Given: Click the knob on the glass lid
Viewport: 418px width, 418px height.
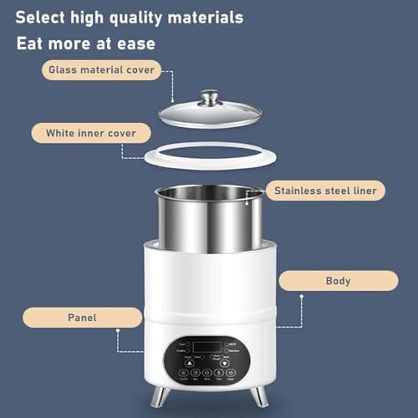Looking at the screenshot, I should [209, 95].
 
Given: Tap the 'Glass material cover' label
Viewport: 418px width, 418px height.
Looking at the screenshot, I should [101, 70].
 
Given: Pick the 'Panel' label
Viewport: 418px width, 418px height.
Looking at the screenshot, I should [82, 317].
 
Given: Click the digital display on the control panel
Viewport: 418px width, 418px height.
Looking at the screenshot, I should [207, 346].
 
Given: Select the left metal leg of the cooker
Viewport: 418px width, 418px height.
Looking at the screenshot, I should [163, 395].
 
